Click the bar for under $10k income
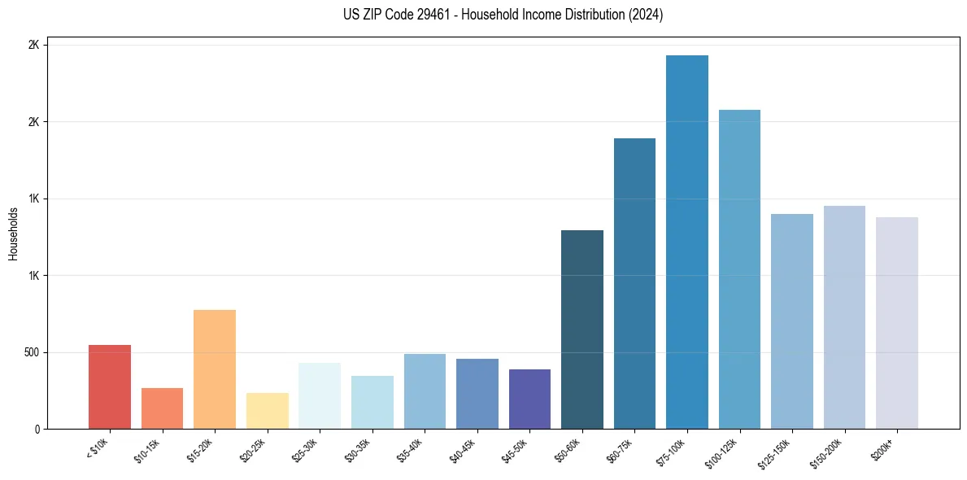pyautogui.click(x=110, y=387)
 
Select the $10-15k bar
pyautogui.click(x=162, y=408)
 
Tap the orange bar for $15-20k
pyautogui.click(x=215, y=369)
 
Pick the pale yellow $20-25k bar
pyautogui.click(x=267, y=411)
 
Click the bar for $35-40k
pyautogui.click(x=425, y=391)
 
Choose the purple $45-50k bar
pyautogui.click(x=529, y=399)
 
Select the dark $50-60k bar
pyautogui.click(x=582, y=329)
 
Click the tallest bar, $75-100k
pyautogui.click(x=687, y=242)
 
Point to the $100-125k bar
pyautogui.click(x=739, y=269)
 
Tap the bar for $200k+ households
pyautogui.click(x=897, y=323)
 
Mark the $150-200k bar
pyautogui.click(x=844, y=317)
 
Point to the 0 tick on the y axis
pyautogui.click(x=36, y=429)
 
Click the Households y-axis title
pyautogui.click(x=13, y=233)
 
